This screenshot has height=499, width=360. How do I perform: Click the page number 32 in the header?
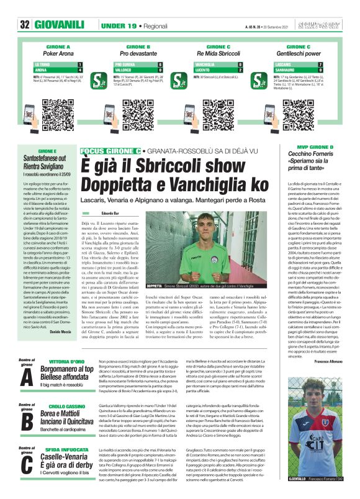click(x=25, y=25)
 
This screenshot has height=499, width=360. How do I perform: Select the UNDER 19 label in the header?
click(x=118, y=25)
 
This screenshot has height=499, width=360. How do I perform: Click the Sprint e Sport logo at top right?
click(x=325, y=25)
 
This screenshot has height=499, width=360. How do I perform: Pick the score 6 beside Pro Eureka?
click(x=160, y=64)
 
